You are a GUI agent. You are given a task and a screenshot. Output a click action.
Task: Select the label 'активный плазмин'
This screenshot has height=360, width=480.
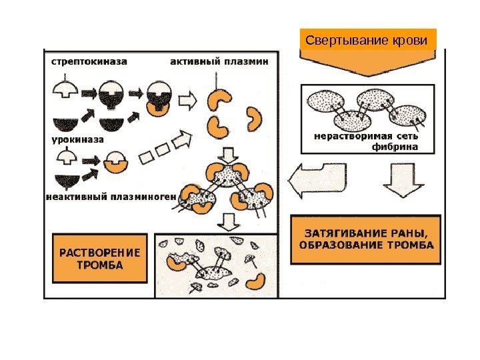[x=219, y=61]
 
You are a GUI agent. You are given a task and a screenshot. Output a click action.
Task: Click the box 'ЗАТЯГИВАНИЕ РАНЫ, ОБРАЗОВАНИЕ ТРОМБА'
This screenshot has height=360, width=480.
[x=367, y=239]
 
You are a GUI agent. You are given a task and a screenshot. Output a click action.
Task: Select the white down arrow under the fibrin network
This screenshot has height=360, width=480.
[x=399, y=179]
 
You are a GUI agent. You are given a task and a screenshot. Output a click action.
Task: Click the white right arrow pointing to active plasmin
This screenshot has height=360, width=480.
[x=190, y=101]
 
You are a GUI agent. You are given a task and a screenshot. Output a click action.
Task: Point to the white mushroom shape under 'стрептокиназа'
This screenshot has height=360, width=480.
[x=67, y=88]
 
